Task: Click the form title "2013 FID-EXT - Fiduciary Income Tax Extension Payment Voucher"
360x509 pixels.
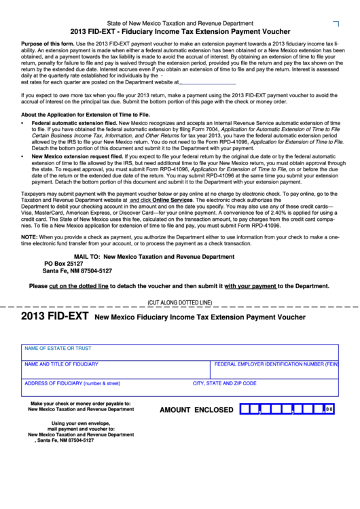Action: click(181, 31)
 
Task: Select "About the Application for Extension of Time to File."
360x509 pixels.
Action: click(86, 115)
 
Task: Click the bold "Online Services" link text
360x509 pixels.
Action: click(173, 200)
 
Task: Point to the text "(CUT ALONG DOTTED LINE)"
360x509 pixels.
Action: click(180, 302)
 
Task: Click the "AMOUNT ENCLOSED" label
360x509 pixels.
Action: click(196, 410)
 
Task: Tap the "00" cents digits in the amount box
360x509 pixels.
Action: click(329, 410)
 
